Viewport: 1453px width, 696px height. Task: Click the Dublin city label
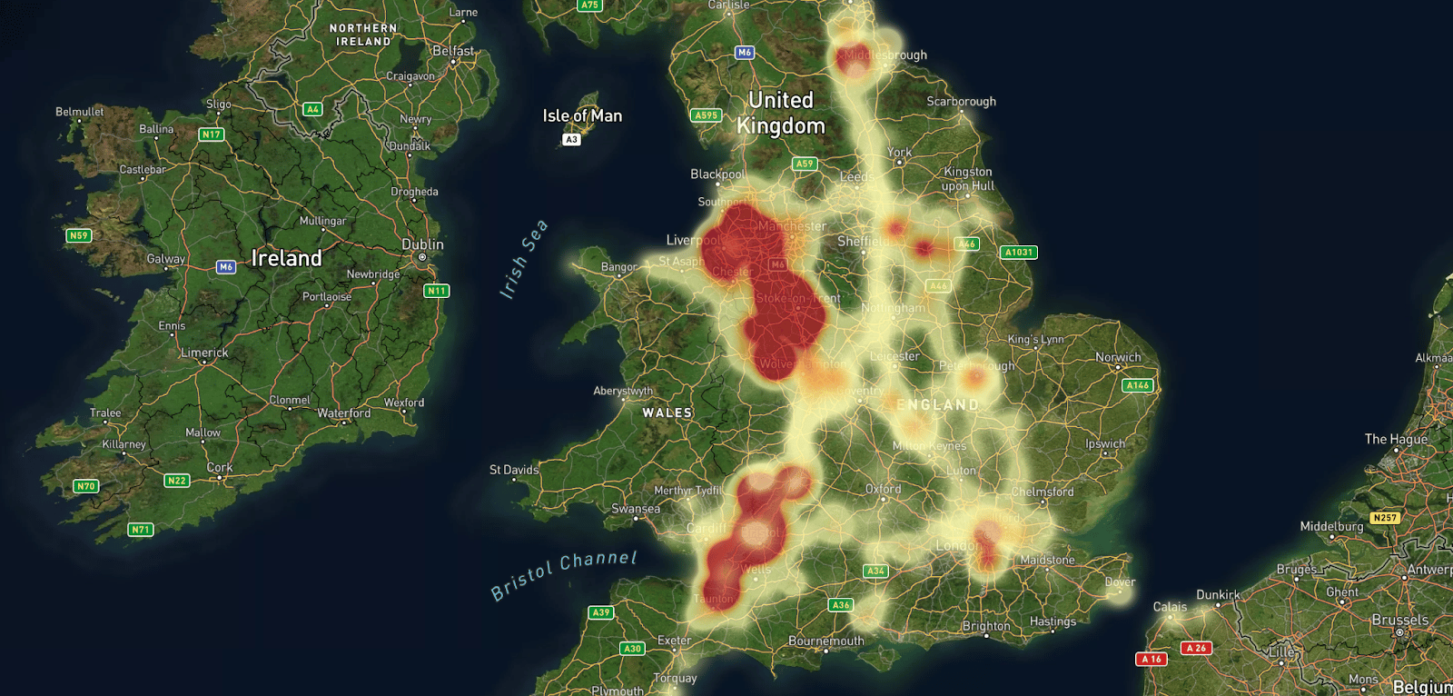(422, 244)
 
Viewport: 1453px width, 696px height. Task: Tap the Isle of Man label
(582, 115)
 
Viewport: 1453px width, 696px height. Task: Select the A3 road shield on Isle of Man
(571, 139)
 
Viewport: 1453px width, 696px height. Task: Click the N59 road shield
(79, 235)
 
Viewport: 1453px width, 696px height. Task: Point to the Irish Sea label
(524, 259)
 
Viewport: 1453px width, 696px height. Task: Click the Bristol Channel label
(564, 574)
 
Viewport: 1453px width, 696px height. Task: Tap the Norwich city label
(1118, 357)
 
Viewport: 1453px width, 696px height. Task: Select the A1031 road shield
(1019, 253)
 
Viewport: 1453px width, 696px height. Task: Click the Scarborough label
(961, 101)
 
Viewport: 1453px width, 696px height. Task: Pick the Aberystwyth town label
(623, 391)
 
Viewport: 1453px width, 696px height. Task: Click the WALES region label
(667, 413)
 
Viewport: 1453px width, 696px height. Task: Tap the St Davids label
(514, 470)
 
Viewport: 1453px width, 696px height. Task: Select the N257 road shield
(1385, 518)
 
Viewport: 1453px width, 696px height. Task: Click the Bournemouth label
(826, 641)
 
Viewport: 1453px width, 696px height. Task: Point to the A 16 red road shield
(1152, 659)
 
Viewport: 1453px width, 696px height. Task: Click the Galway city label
(166, 259)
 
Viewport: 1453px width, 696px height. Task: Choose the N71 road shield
(141, 529)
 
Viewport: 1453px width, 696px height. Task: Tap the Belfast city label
(453, 51)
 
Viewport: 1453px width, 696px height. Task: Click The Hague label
(1396, 439)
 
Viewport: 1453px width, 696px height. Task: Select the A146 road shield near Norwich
(1137, 385)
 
